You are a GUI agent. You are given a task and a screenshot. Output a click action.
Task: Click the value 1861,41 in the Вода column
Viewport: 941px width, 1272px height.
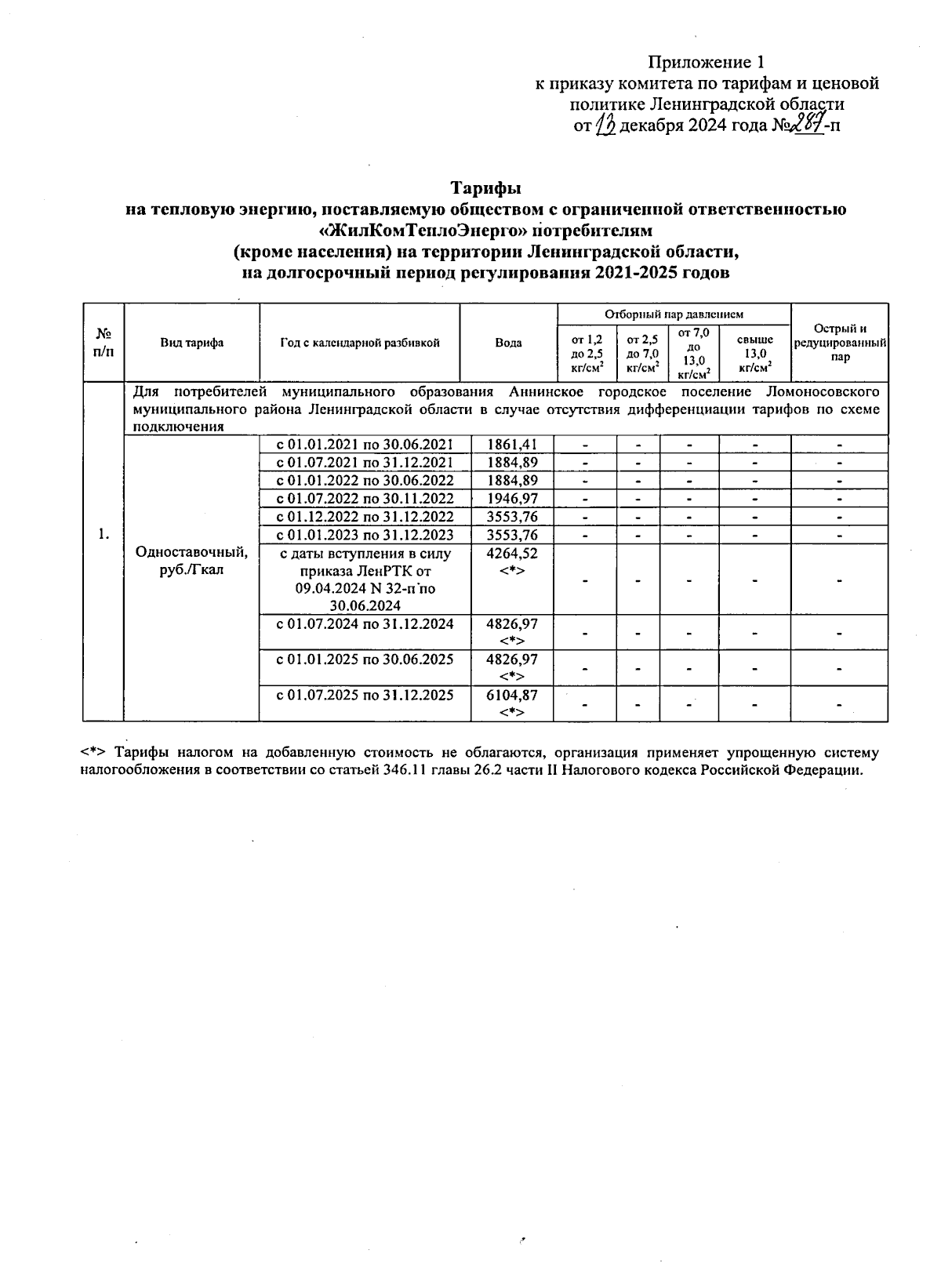click(x=511, y=445)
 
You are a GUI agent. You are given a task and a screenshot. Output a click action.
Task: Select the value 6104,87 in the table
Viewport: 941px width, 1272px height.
click(x=511, y=695)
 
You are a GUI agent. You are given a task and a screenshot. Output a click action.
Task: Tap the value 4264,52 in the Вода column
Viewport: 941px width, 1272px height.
click(x=511, y=554)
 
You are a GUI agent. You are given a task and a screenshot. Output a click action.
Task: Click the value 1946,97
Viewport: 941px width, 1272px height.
click(x=511, y=499)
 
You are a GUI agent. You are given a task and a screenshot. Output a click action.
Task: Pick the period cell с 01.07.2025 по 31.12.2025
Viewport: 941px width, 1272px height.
click(x=365, y=695)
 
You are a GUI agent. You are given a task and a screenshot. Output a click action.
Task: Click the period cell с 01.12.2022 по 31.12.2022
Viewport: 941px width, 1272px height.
click(x=365, y=517)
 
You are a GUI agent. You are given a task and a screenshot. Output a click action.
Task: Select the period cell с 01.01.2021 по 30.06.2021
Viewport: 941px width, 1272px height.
click(x=365, y=445)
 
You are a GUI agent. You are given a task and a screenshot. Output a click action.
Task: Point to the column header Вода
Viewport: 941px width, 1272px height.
click(x=508, y=343)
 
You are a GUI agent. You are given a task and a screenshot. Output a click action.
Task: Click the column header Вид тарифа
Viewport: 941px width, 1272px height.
click(x=192, y=343)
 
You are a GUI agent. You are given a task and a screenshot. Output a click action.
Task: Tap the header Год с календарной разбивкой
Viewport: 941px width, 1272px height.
click(x=359, y=343)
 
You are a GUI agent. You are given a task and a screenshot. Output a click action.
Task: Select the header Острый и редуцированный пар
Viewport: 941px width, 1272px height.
click(x=840, y=343)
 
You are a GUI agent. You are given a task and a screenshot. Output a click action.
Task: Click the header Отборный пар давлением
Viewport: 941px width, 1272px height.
click(x=674, y=314)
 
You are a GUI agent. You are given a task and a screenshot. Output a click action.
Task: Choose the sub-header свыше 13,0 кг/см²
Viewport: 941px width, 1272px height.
click(x=754, y=352)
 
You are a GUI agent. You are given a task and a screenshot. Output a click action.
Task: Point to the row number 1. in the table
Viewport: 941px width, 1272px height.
click(x=104, y=534)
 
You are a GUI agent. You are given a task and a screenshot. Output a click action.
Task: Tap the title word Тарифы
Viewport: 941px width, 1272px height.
click(x=485, y=189)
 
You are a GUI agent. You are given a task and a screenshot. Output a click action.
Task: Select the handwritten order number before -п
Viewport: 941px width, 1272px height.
click(x=808, y=124)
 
